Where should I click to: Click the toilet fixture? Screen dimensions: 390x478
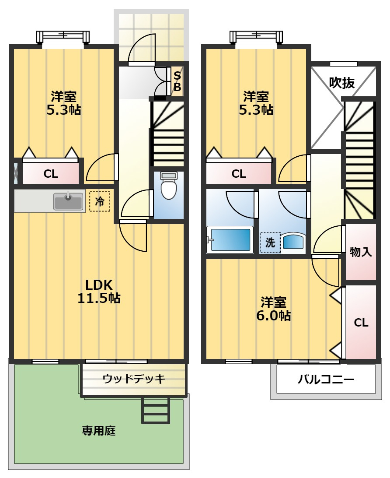pyautogui.click(x=169, y=185)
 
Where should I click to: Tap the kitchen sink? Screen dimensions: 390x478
pyautogui.click(x=68, y=201)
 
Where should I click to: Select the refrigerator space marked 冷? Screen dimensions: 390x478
pyautogui.click(x=100, y=201)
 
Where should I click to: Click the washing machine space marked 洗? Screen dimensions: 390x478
pyautogui.click(x=270, y=243)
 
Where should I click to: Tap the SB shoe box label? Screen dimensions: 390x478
pyautogui.click(x=177, y=81)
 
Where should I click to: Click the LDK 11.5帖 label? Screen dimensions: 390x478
pyautogui.click(x=99, y=292)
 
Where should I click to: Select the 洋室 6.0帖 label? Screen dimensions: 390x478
pyautogui.click(x=273, y=309)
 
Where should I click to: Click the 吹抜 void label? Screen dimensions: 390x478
pyautogui.click(x=341, y=83)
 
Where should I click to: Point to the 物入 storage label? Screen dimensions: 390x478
pyautogui.click(x=361, y=252)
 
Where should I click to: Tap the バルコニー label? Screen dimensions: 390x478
pyautogui.click(x=326, y=380)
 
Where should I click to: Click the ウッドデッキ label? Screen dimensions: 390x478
pyautogui.click(x=134, y=379)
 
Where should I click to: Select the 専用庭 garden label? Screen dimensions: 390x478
pyautogui.click(x=99, y=431)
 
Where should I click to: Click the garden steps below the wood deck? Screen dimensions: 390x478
pyautogui.click(x=156, y=410)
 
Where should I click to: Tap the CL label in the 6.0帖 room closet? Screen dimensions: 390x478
pyautogui.click(x=361, y=323)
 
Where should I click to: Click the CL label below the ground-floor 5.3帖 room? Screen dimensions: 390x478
pyautogui.click(x=51, y=174)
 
